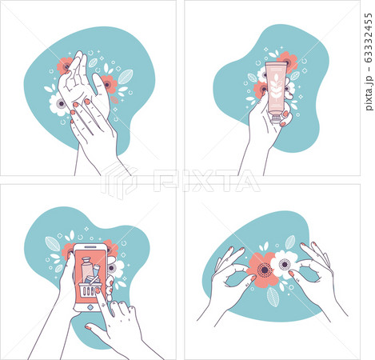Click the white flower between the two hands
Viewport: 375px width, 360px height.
pos(284,263)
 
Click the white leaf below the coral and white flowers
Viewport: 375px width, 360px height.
pos(273,297)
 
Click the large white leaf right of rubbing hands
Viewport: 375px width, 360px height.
pos(126,77)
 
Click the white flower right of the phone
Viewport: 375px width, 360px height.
pos(117,269)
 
